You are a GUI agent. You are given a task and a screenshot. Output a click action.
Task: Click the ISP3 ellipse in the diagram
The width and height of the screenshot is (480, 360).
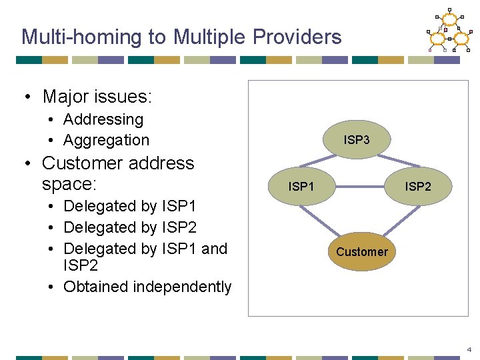[357, 140]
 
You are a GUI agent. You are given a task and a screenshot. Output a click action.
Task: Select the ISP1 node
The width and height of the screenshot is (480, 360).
[301, 187]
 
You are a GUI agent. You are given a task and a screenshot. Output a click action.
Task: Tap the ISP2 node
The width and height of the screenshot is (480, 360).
[418, 187]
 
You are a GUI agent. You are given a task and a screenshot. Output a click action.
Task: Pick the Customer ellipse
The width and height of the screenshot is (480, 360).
[361, 251]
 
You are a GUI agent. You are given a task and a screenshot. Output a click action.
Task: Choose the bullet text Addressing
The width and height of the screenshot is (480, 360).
[103, 119]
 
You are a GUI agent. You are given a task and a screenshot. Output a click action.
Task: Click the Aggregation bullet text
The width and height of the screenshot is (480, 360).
[107, 140]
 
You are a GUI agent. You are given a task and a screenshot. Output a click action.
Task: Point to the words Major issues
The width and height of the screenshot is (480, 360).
[97, 97]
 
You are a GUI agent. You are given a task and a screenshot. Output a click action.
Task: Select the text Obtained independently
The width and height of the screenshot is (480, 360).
[147, 287]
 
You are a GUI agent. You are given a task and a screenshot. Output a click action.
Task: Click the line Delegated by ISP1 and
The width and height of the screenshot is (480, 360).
[145, 248]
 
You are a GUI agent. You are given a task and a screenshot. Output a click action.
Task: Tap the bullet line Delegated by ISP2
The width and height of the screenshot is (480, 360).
[130, 227]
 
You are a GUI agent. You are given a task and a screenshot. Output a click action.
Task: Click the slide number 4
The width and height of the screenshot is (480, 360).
[469, 349]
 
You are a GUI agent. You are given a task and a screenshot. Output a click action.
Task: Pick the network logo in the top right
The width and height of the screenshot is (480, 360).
[449, 31]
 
